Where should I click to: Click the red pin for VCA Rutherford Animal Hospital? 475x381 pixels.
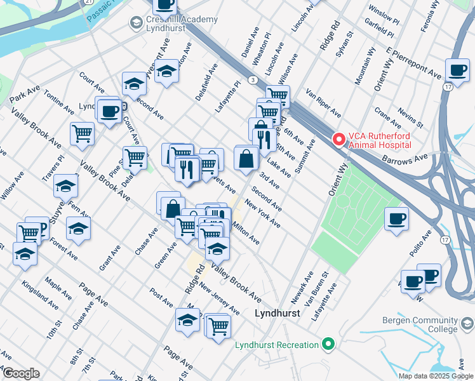click(x=338, y=138)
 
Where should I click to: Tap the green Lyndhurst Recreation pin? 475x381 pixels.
click(x=328, y=345)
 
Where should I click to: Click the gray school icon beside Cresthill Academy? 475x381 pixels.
click(x=135, y=23)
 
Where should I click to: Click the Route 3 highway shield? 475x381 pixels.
click(x=253, y=79)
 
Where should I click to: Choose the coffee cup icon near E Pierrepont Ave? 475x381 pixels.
click(x=457, y=69)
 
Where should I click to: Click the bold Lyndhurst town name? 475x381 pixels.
click(x=276, y=313)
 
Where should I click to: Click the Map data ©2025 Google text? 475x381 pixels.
click(x=435, y=376)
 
